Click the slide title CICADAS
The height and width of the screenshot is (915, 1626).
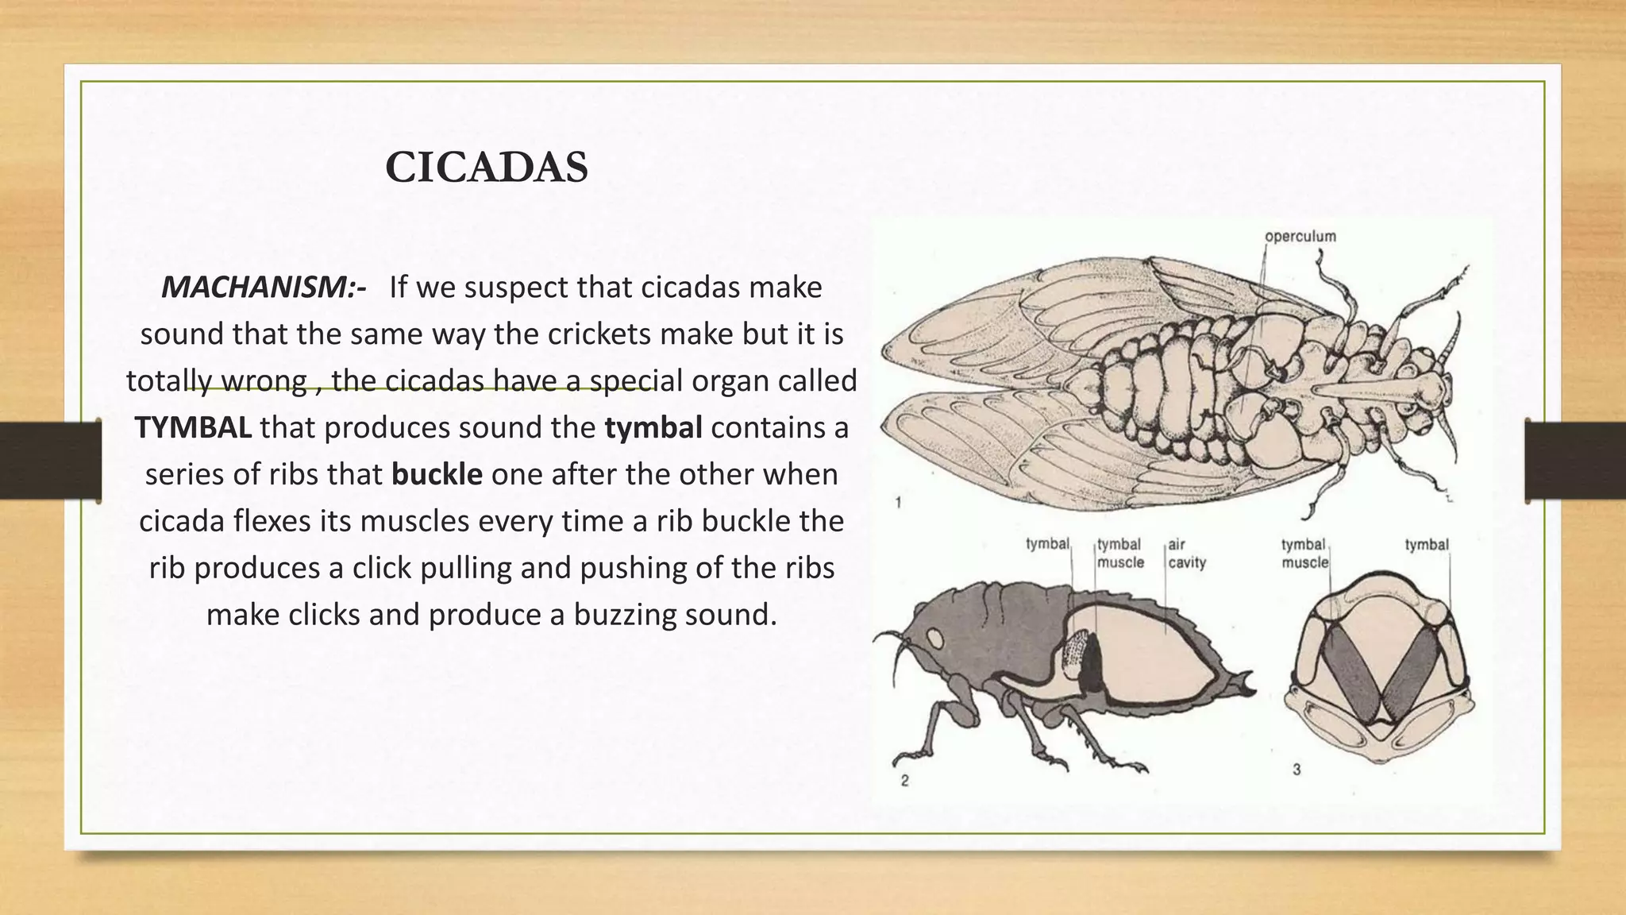(x=486, y=168)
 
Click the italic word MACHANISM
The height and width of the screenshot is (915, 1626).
(x=258, y=288)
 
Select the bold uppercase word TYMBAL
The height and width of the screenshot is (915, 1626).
(x=193, y=427)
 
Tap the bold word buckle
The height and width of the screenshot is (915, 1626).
(x=437, y=474)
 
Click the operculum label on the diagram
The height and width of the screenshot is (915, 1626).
(x=1300, y=237)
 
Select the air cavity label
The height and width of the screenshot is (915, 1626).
(x=1186, y=554)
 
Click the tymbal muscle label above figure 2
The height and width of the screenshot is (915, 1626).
(x=1119, y=554)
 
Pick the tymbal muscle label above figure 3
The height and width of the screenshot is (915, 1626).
(x=1304, y=554)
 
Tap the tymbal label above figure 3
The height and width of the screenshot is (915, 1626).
(x=1426, y=545)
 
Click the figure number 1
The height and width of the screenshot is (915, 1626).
(x=897, y=503)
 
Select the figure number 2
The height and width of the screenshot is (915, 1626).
(x=904, y=781)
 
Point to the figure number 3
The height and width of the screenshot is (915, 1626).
(x=1296, y=770)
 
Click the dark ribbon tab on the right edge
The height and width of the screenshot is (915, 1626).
(x=1575, y=461)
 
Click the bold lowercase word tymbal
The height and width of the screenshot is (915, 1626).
(x=653, y=427)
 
